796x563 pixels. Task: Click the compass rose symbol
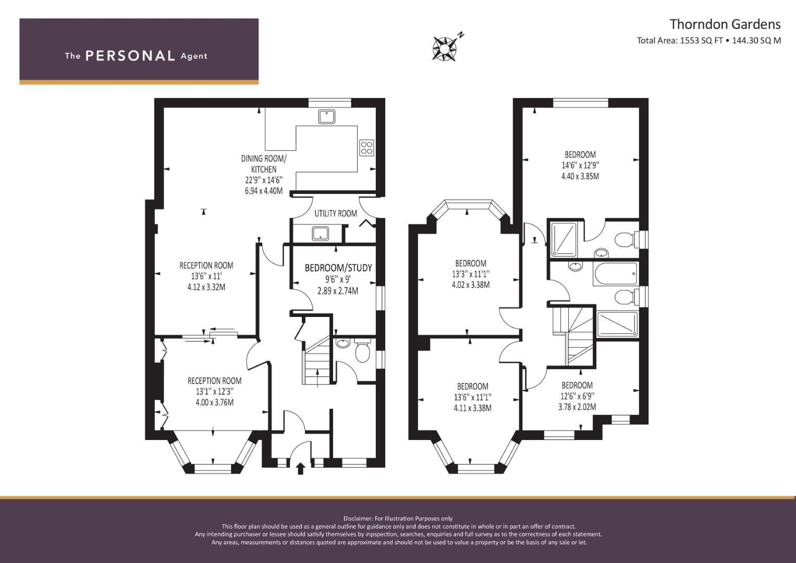click(x=445, y=48)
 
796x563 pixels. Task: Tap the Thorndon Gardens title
click(x=725, y=24)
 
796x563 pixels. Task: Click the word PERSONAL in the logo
click(x=130, y=56)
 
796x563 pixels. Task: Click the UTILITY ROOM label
click(x=336, y=213)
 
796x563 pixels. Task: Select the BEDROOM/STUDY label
click(x=338, y=267)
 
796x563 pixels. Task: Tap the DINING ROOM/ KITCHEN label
click(x=264, y=164)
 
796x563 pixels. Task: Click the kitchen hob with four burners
click(x=367, y=148)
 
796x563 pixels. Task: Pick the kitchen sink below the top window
click(x=326, y=116)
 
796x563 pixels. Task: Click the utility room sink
click(x=321, y=234)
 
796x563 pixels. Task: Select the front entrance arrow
click(x=300, y=469)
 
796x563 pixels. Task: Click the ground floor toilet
click(x=362, y=351)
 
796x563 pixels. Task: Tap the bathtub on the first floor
click(x=615, y=274)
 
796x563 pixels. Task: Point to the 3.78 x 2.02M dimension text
click(x=577, y=407)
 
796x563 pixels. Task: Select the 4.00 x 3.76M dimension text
click(x=215, y=402)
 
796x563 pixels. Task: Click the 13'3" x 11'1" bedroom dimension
click(x=471, y=274)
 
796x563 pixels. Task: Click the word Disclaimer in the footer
click(x=358, y=519)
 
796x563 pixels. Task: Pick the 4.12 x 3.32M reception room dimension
click(x=206, y=287)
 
